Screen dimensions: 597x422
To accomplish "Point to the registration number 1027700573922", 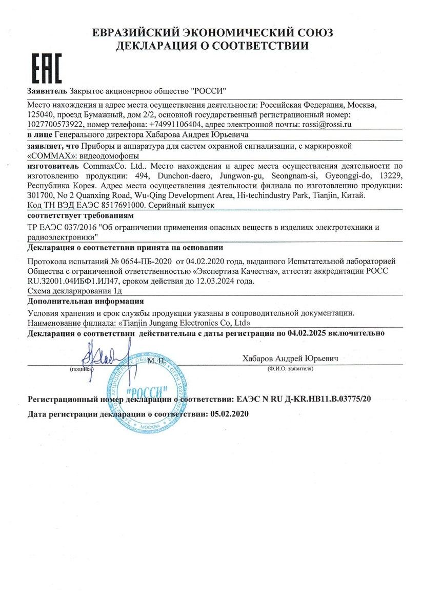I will (x=55, y=124).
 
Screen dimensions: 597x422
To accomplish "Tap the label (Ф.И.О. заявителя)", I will (x=289, y=369).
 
